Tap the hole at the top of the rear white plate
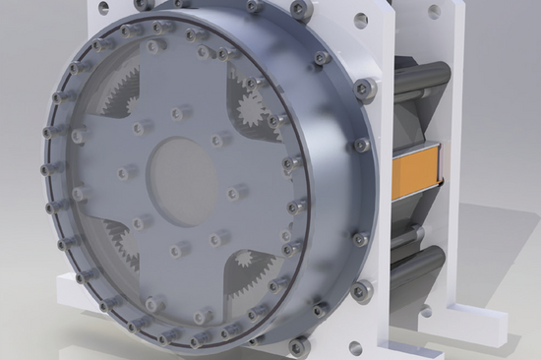point(434,11)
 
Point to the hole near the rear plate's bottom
point(426,312)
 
